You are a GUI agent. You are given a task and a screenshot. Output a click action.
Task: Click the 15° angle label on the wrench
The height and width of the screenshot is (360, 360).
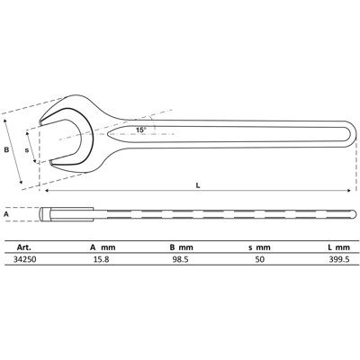click(x=140, y=130)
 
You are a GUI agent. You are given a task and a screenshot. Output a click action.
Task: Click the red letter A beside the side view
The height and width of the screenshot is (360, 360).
click(x=6, y=215)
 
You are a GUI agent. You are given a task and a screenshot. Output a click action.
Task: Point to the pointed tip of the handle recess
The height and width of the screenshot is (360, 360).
click(x=106, y=136)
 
